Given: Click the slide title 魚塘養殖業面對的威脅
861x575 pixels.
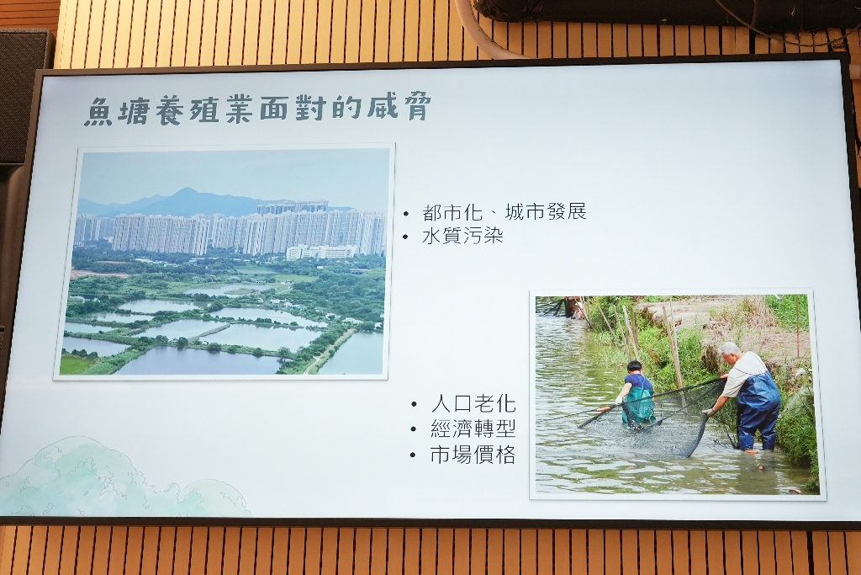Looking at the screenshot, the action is [256, 109].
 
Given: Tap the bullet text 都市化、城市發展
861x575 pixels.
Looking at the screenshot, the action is [504, 212].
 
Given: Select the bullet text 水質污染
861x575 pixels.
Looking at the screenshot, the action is [462, 236].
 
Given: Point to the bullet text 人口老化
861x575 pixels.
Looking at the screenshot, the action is [473, 404].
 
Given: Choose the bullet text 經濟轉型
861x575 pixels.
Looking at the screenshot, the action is [473, 429].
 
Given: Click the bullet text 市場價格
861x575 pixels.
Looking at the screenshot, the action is [473, 455].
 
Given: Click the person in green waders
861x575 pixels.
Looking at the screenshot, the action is [637, 392].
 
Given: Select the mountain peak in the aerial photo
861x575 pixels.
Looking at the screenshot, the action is [185, 191].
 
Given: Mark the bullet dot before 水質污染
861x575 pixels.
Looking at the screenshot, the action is [406, 237].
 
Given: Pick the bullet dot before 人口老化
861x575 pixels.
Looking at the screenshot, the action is [415, 405].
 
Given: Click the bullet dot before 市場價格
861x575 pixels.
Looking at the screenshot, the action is [415, 455].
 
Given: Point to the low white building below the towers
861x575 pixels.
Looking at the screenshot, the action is [320, 253].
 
